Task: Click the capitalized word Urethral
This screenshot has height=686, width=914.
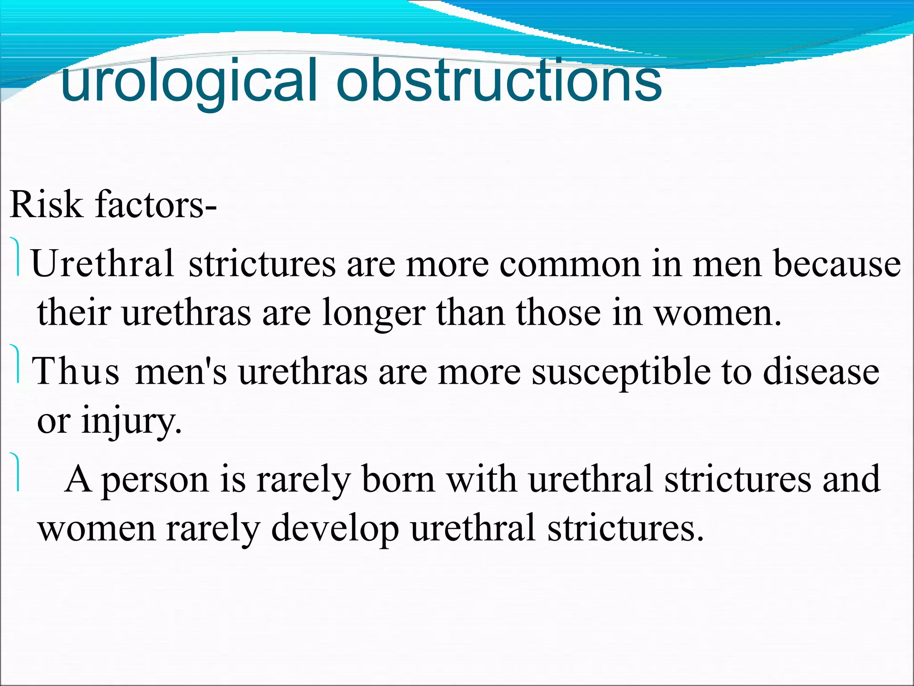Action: click(103, 264)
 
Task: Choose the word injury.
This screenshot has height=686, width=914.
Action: click(132, 422)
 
